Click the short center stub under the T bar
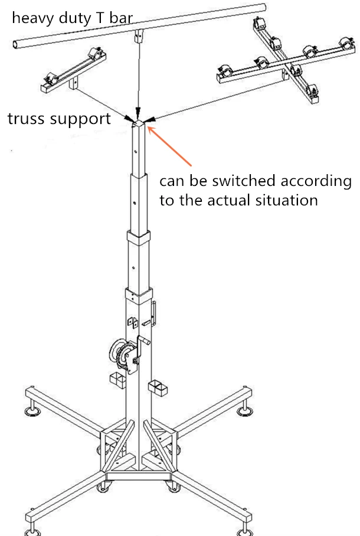(138, 37)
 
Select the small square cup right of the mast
(158, 388)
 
